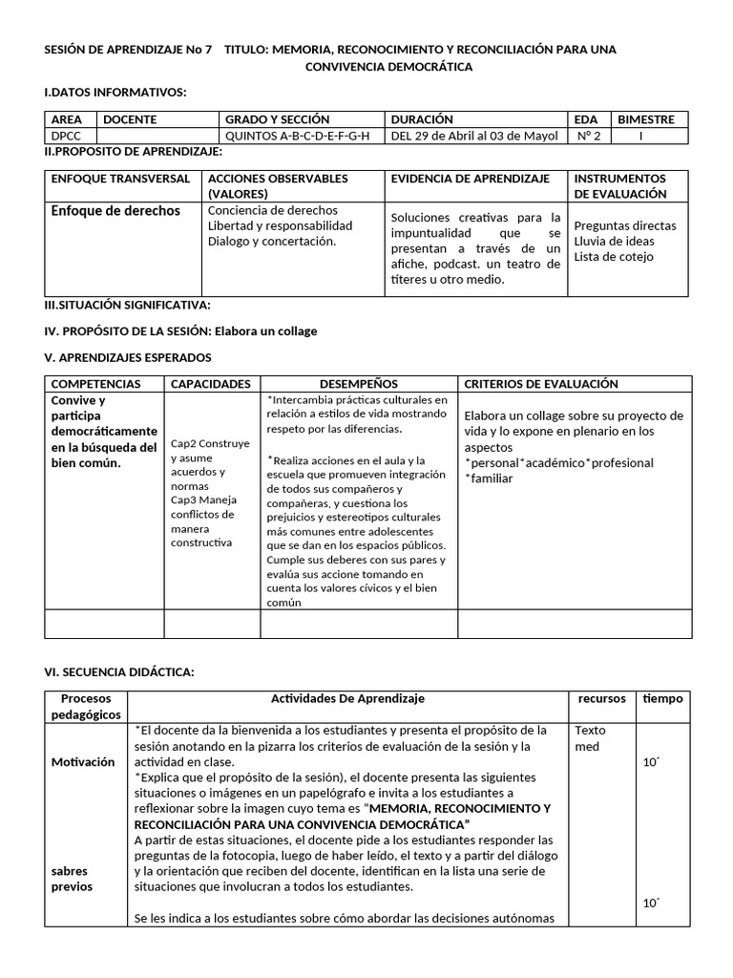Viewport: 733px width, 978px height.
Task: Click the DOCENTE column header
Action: [x=130, y=119]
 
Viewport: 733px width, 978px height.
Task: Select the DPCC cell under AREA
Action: [x=67, y=135]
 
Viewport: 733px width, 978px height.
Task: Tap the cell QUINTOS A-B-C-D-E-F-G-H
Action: [x=296, y=135]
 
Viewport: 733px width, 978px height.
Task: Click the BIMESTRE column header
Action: [x=646, y=119]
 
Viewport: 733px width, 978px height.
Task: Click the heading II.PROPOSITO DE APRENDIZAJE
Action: [x=134, y=151]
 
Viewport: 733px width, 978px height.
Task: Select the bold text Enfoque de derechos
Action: [x=115, y=210]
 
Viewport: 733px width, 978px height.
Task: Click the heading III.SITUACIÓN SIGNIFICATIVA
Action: [x=128, y=305]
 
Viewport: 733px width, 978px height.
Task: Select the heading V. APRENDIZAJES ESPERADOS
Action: [x=128, y=356]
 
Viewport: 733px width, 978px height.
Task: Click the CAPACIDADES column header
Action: [x=210, y=384]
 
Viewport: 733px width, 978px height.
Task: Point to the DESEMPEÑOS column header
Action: [x=359, y=384]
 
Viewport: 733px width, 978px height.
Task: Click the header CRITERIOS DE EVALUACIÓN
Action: [x=540, y=384]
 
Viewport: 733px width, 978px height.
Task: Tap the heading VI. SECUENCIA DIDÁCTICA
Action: [x=119, y=672]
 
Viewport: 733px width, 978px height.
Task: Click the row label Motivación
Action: [x=83, y=761]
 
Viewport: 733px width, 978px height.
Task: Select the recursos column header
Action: [x=602, y=698]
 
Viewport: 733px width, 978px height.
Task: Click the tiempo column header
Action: [x=662, y=698]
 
